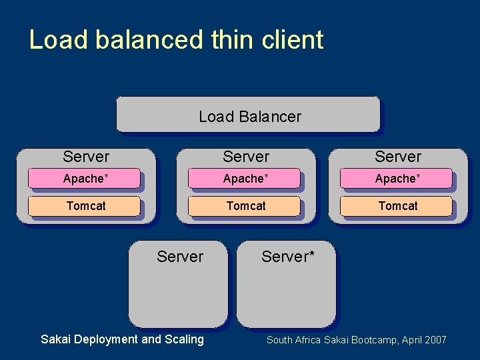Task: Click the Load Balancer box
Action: pyautogui.click(x=248, y=115)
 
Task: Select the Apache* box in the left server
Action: pyautogui.click(x=85, y=179)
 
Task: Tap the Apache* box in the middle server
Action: pyautogui.click(x=245, y=179)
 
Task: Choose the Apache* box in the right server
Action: pyautogui.click(x=397, y=179)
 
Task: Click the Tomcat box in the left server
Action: pyautogui.click(x=85, y=206)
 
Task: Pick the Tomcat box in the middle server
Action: pyautogui.click(x=245, y=206)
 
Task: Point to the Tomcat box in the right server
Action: pyautogui.click(x=397, y=206)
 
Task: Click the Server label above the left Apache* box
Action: pyautogui.click(x=86, y=157)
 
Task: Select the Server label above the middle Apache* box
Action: pyautogui.click(x=246, y=157)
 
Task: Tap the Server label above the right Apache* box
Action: pyautogui.click(x=398, y=157)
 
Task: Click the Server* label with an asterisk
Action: pyautogui.click(x=288, y=257)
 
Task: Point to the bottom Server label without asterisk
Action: pyautogui.click(x=180, y=257)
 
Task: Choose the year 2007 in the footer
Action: pyautogui.click(x=434, y=340)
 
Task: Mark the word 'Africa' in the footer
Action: pyautogui.click(x=308, y=340)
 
